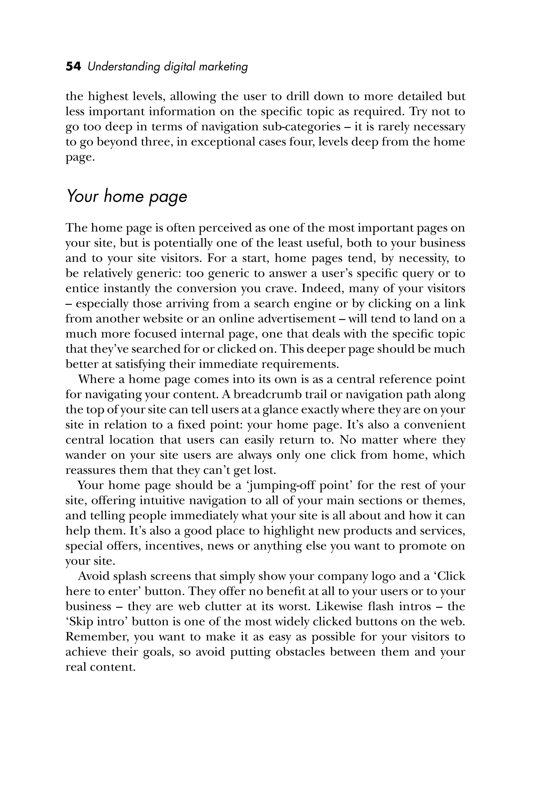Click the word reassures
pos(90,470)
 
